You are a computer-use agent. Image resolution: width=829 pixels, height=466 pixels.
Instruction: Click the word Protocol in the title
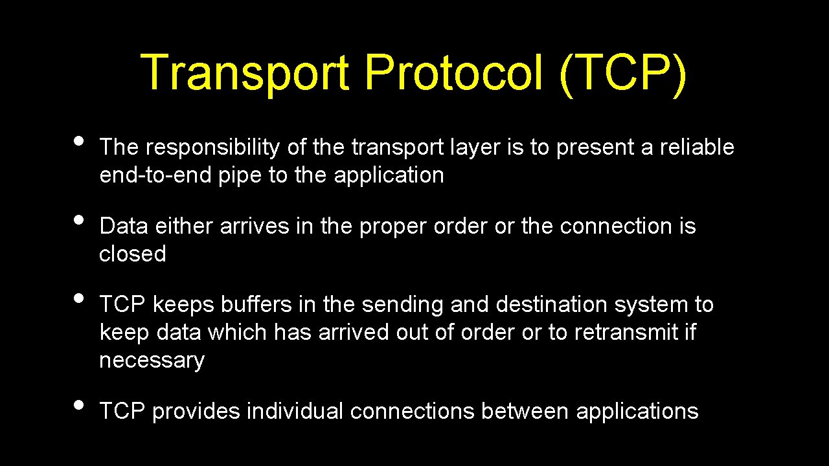[453, 72]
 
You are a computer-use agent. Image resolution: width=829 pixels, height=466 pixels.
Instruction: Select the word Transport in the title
[245, 72]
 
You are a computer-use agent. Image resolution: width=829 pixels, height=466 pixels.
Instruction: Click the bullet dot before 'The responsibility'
[78, 140]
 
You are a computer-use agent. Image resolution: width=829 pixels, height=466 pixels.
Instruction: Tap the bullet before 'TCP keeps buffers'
[78, 298]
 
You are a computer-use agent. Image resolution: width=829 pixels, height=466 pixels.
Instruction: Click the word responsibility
[212, 148]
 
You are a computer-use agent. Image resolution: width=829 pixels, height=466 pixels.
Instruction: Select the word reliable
[697, 148]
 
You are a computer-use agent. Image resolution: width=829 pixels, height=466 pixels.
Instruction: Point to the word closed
[133, 254]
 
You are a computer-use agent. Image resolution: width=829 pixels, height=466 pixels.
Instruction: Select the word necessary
[152, 361]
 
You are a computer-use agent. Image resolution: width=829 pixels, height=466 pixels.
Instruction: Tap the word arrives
[255, 227]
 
